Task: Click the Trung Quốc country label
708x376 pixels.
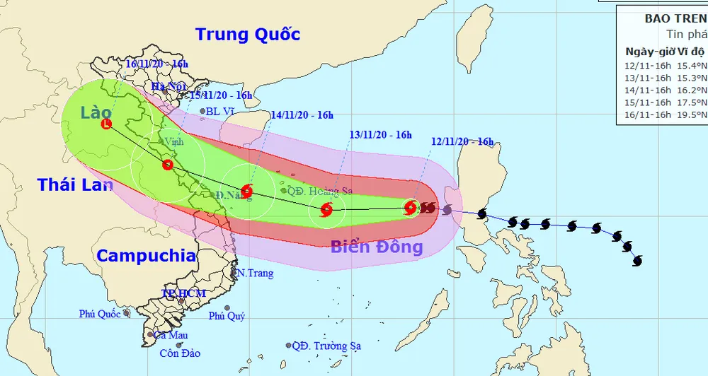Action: (248, 34)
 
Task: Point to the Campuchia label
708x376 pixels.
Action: (146, 256)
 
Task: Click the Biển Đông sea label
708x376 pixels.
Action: (377, 247)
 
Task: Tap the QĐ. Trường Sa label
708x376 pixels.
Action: (326, 346)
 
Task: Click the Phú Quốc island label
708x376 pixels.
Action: (101, 313)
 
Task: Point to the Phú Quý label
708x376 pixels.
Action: (227, 316)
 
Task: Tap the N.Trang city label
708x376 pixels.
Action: (254, 273)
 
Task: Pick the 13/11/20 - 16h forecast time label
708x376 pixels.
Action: (381, 134)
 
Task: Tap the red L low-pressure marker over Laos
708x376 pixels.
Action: (106, 124)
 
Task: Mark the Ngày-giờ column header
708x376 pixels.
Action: (649, 51)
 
